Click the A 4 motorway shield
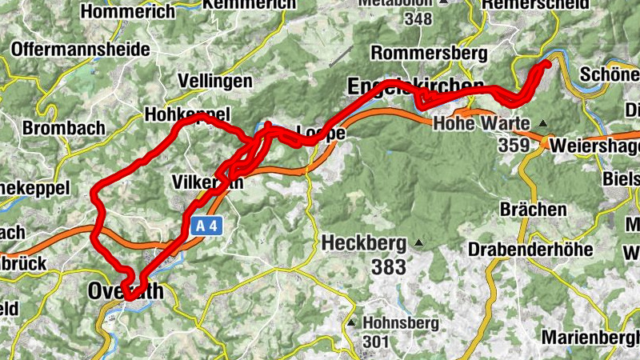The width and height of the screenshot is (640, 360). tap(206, 226)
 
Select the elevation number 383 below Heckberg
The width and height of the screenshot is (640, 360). tap(389, 267)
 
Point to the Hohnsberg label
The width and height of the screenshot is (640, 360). tap(400, 323)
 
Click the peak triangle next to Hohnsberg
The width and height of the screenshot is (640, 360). tap(351, 322)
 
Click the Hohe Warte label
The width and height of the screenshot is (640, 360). tap(482, 124)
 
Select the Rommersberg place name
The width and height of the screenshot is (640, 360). tap(429, 54)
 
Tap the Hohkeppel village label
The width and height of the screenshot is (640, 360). tap(187, 114)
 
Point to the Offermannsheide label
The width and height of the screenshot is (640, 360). tap(80, 50)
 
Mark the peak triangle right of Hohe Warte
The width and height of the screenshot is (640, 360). tap(543, 124)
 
